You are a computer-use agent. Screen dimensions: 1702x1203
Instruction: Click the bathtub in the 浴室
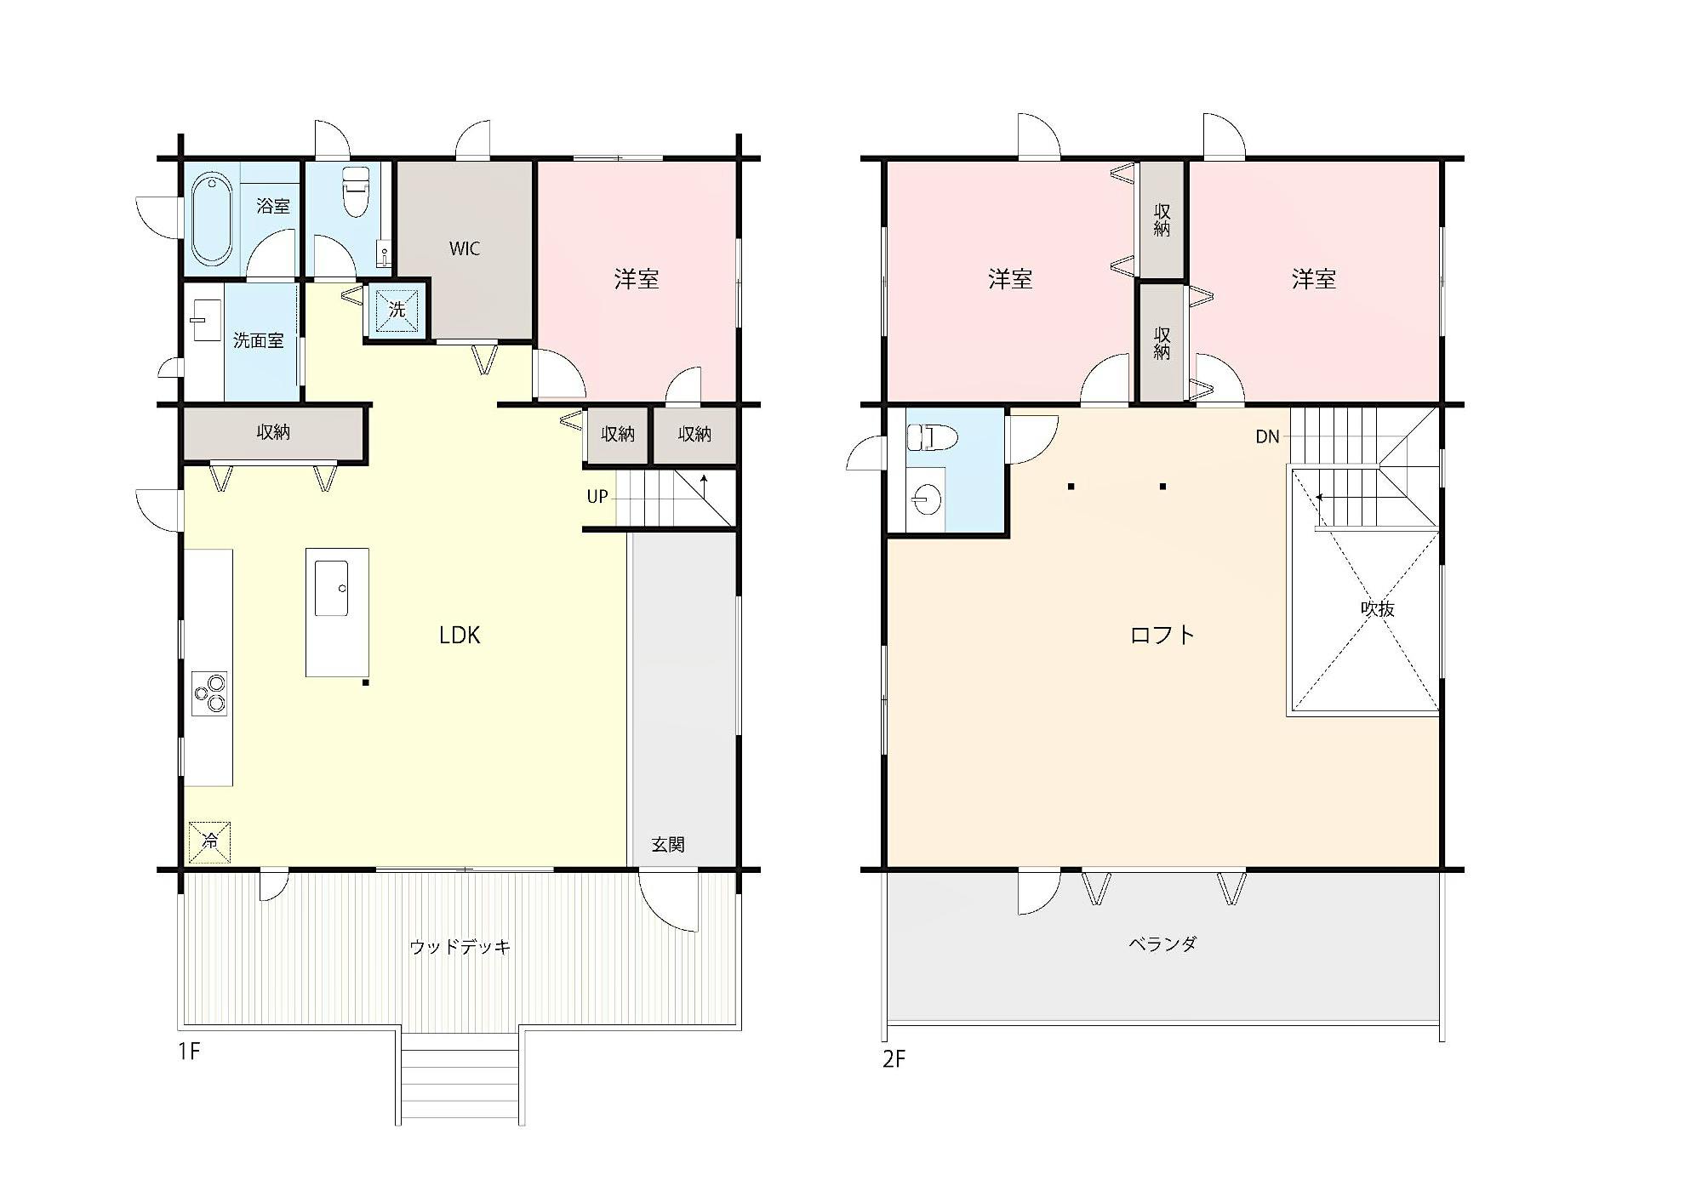click(x=210, y=219)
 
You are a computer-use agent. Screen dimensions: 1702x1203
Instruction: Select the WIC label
click(x=465, y=248)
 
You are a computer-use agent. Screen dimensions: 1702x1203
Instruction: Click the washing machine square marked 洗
click(x=397, y=310)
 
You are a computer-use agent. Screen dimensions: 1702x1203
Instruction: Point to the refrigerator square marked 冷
click(x=209, y=841)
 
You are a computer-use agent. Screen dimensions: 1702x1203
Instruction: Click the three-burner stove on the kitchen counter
click(x=209, y=693)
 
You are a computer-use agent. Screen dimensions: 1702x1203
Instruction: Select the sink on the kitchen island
click(x=331, y=588)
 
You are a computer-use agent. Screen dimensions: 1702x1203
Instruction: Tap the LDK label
click(x=460, y=635)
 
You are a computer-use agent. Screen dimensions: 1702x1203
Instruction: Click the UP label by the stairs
click(x=597, y=496)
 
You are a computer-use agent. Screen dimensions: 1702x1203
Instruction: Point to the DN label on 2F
click(x=1267, y=436)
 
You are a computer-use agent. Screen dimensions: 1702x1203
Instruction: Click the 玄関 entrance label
click(x=668, y=844)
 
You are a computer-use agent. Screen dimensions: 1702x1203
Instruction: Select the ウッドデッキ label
click(x=460, y=946)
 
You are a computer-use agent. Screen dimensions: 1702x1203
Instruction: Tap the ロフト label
click(x=1162, y=635)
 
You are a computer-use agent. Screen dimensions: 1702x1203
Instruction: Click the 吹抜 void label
click(x=1377, y=609)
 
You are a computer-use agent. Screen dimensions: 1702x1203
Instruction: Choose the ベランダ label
click(x=1162, y=944)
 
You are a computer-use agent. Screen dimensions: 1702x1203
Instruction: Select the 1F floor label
click(x=188, y=1052)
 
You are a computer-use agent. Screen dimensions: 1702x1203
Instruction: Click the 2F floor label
click(x=894, y=1059)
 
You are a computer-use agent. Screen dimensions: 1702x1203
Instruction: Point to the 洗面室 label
click(x=259, y=340)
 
